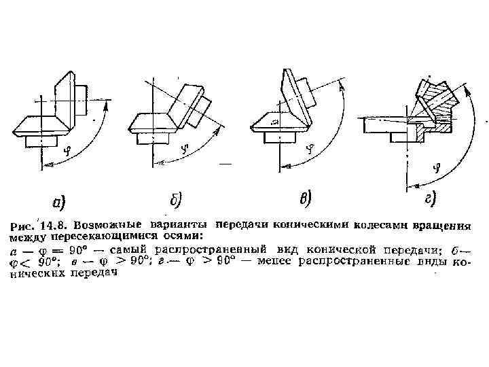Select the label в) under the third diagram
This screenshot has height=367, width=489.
pyautogui.click(x=306, y=198)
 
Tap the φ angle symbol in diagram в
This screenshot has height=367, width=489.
pyautogui.click(x=311, y=147)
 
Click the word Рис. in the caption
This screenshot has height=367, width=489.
pyautogui.click(x=23, y=225)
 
